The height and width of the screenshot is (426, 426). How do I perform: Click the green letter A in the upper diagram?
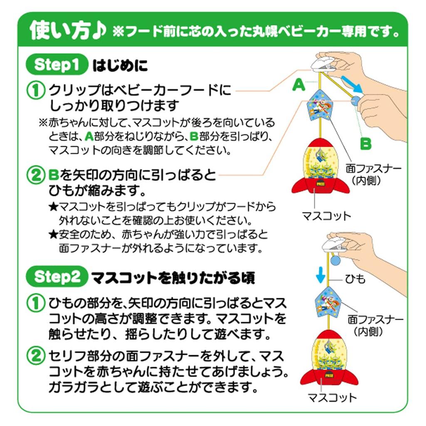[x=298, y=86]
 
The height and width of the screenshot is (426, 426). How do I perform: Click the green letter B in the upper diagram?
[x=365, y=144]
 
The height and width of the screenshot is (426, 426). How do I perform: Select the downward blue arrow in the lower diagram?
[x=320, y=275]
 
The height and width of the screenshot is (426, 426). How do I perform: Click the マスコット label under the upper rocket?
[x=326, y=215]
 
